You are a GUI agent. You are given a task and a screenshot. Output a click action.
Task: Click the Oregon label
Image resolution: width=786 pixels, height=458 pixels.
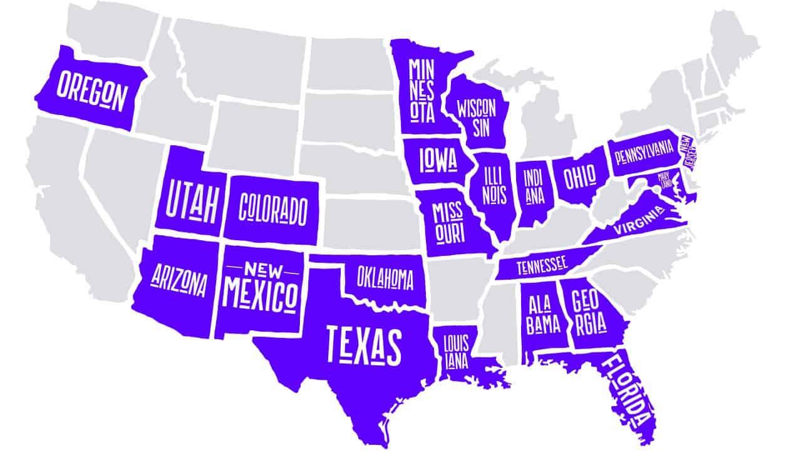point(92,92)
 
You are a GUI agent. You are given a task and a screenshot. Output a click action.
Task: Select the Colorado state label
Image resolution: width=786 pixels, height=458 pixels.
point(274,208)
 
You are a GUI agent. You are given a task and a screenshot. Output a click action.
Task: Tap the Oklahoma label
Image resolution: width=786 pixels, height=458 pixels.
point(385,277)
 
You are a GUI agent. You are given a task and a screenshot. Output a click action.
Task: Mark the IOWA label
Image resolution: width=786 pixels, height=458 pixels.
point(438,160)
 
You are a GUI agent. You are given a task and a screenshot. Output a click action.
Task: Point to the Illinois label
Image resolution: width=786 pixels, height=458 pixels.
point(494,185)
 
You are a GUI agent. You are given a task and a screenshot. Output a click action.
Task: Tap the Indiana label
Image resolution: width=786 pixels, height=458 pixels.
point(534,187)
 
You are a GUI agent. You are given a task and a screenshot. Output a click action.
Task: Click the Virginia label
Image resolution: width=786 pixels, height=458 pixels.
point(638,222)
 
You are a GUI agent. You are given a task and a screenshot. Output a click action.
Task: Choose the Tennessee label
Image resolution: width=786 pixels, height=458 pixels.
point(542,266)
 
